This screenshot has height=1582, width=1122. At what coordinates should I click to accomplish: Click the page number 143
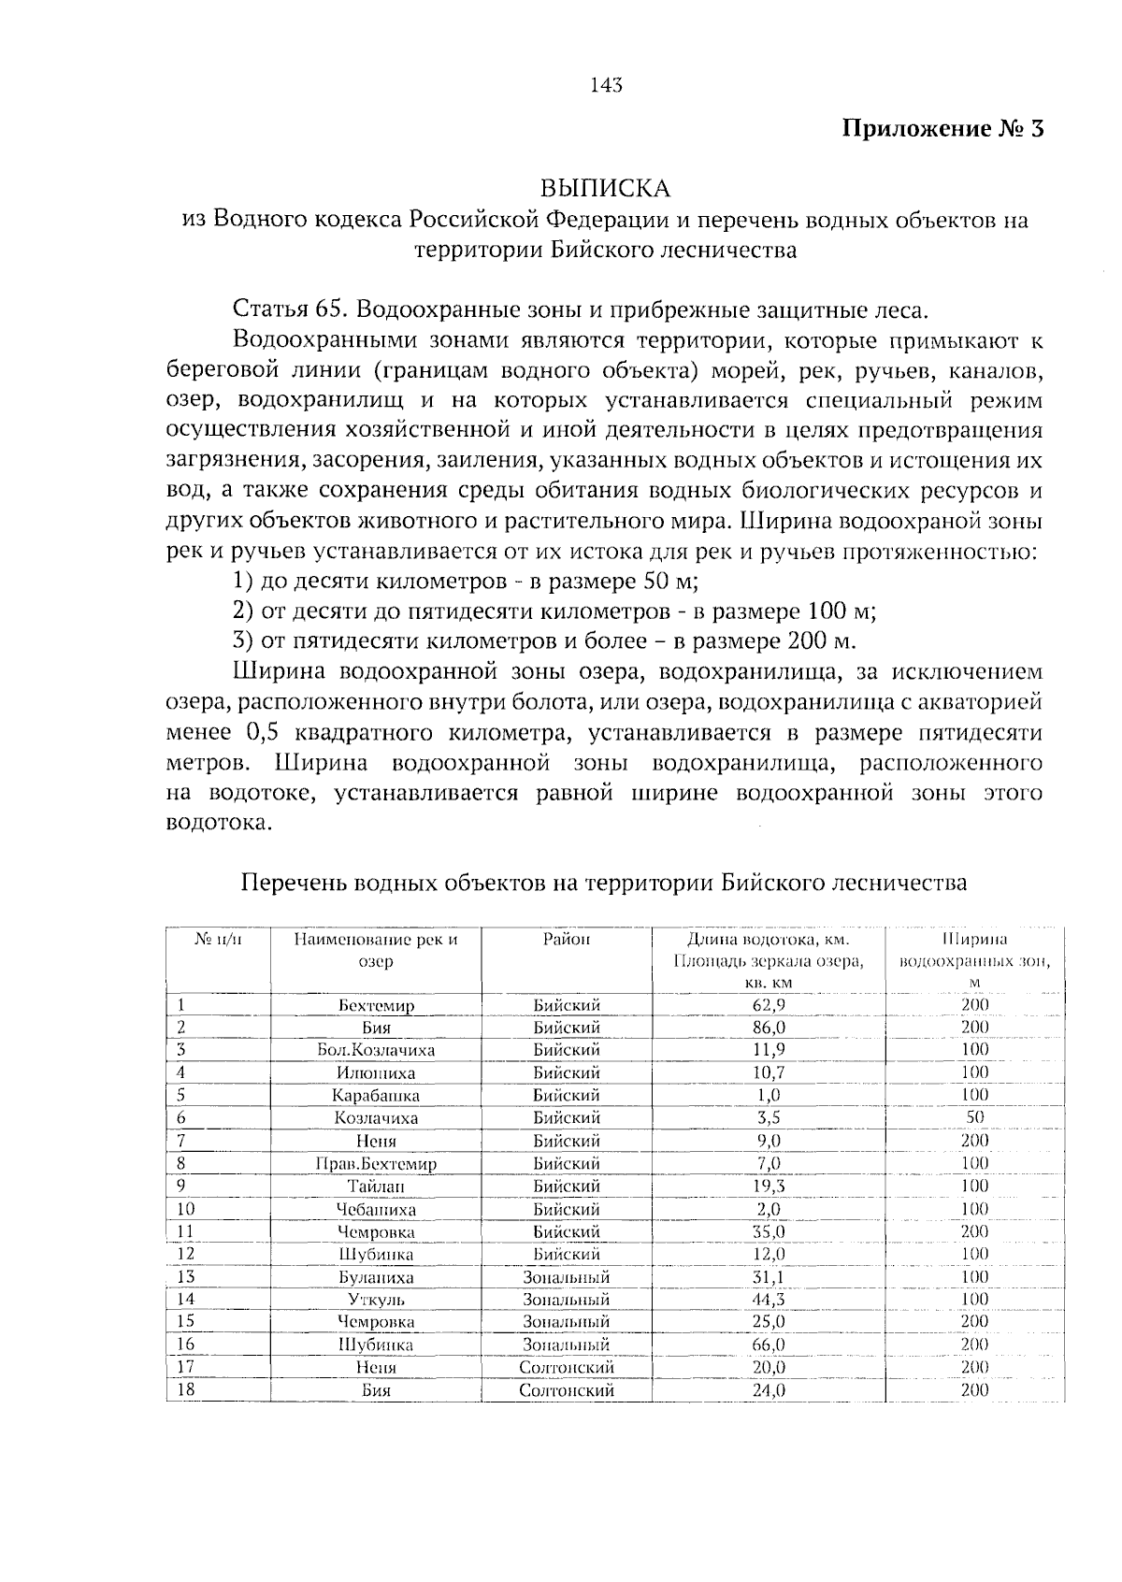[606, 86]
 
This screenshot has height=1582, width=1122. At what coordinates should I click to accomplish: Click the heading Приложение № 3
[942, 128]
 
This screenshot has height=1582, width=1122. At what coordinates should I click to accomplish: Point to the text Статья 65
[290, 310]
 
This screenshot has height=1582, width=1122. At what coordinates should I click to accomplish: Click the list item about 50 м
[466, 581]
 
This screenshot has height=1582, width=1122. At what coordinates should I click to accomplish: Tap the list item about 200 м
[544, 640]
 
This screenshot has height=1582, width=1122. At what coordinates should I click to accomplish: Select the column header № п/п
[218, 939]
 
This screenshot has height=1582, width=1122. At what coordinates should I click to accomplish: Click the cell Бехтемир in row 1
[376, 1006]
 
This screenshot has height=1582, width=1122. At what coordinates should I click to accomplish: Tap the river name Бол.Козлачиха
[376, 1050]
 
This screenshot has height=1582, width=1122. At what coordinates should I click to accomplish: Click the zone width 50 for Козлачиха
[974, 1117]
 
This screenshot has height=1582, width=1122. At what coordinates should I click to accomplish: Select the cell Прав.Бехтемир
[376, 1164]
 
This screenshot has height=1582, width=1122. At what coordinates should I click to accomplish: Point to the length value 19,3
[769, 1186]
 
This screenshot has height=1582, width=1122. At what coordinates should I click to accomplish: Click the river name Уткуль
[376, 1300]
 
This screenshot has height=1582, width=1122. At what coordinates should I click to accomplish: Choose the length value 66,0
[769, 1345]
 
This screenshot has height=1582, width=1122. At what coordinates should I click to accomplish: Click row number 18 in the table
[185, 1389]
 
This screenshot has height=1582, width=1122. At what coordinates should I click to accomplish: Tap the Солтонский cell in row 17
[567, 1367]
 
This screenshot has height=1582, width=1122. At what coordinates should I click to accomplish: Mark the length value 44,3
[769, 1300]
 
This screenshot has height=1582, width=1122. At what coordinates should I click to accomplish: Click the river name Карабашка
[376, 1096]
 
